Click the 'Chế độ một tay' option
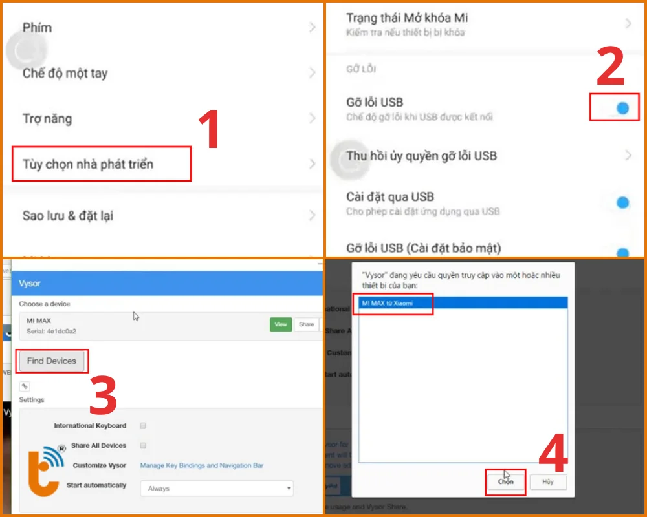65,73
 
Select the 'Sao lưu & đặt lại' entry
68,216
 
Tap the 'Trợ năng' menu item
47,119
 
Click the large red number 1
208,131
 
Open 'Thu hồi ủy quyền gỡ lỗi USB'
422,156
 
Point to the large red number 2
610,67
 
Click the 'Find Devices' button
52,361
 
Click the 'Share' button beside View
307,324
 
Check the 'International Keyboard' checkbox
143,426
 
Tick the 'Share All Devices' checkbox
143,445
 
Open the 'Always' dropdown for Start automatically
217,489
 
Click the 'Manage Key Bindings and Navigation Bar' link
202,465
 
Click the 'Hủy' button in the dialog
548,482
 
